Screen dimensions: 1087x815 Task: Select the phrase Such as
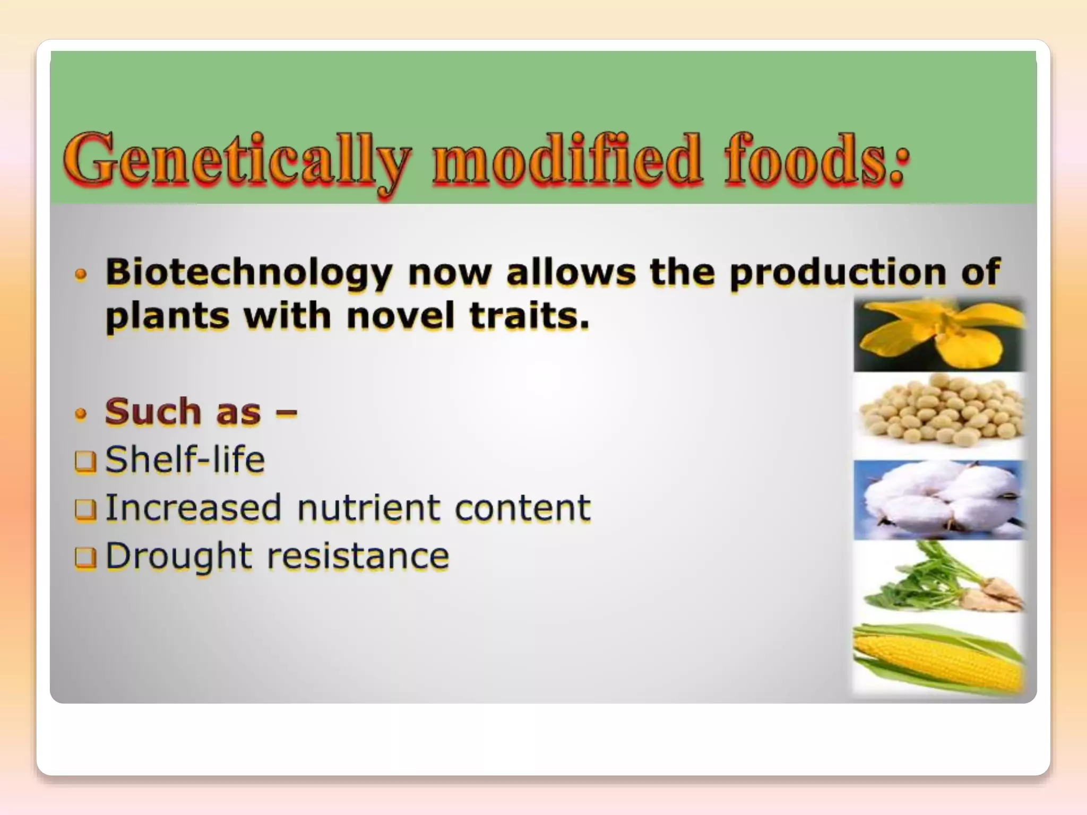[x=183, y=412]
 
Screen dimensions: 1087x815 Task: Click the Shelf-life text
[x=185, y=459]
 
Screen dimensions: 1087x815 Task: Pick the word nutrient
[x=368, y=508]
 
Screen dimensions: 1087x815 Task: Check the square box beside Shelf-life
[x=85, y=462]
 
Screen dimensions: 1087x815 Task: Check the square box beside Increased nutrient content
[x=85, y=510]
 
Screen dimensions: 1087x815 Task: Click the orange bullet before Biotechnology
[x=81, y=275]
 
